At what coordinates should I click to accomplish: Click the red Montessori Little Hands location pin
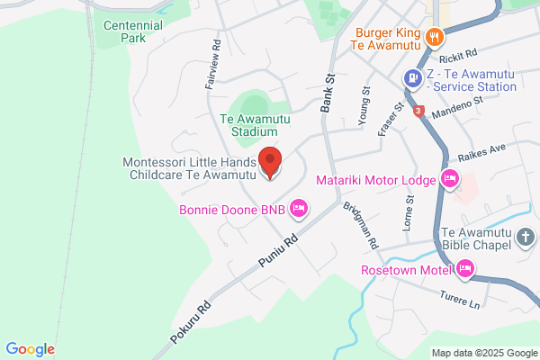point(269,162)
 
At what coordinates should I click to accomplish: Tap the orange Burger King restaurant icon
point(434,37)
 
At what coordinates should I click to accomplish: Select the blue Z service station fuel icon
point(412,78)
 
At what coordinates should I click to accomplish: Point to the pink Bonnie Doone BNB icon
point(301,210)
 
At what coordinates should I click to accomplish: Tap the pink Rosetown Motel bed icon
point(465,268)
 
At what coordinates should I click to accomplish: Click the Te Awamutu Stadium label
point(255,124)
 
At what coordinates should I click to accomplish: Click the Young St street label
point(366,103)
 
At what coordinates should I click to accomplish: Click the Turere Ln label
point(460,301)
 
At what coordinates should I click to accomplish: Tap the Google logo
point(30,348)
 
